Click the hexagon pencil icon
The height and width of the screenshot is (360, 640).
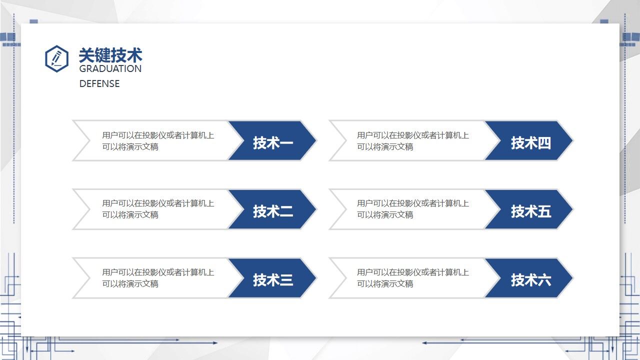[x=56, y=58]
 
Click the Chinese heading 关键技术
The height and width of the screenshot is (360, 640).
[x=110, y=55]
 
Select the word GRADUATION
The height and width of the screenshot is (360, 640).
[x=110, y=68]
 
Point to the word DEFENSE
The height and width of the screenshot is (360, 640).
[x=99, y=83]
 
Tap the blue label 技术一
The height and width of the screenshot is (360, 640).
[x=272, y=142]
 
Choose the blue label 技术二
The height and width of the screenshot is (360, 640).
[x=272, y=211]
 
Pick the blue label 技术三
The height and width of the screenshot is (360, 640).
[x=272, y=279]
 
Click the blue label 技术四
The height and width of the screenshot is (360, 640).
[x=530, y=142]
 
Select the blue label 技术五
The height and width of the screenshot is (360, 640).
[x=530, y=211]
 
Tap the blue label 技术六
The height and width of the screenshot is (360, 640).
[x=530, y=279]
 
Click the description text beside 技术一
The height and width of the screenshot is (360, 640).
[x=158, y=140]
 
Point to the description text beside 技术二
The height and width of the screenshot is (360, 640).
[x=158, y=209]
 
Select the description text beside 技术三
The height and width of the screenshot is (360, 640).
[x=158, y=277]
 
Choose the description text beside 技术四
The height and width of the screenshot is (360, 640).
[x=413, y=140]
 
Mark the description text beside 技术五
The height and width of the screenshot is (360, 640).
[x=413, y=209]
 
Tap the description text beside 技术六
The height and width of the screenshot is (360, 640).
[x=413, y=277]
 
